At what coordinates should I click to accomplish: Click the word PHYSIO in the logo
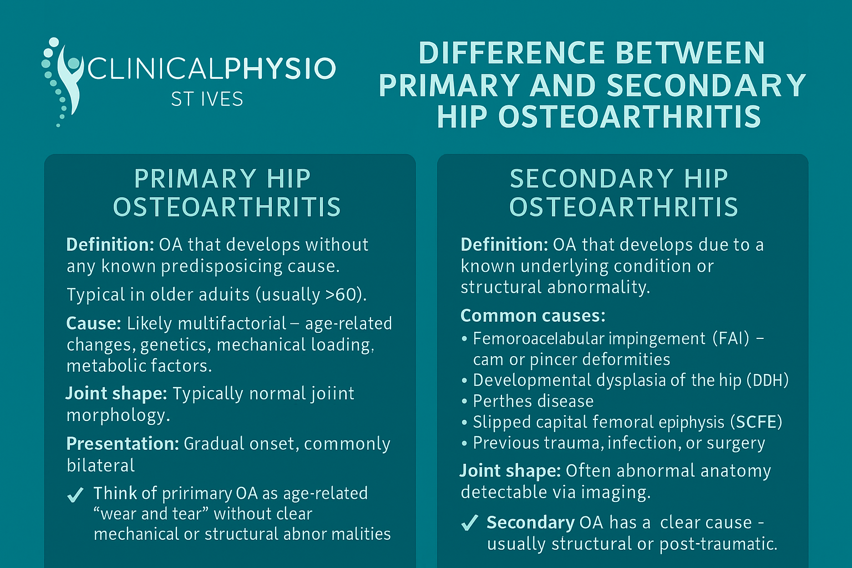click(280, 69)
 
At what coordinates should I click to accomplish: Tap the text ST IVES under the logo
click(207, 99)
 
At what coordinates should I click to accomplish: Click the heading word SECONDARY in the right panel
click(590, 179)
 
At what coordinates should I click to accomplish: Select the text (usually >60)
click(311, 295)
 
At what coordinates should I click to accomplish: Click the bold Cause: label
click(93, 323)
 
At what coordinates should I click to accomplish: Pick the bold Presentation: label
click(123, 444)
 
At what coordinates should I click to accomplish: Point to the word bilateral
click(100, 465)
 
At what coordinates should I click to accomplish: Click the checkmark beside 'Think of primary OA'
click(75, 494)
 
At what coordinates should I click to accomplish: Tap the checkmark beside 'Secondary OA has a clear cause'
click(469, 523)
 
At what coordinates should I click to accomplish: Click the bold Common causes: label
click(532, 316)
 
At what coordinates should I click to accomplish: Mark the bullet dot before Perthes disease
click(464, 402)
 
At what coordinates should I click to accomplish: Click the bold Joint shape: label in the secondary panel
click(510, 471)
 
